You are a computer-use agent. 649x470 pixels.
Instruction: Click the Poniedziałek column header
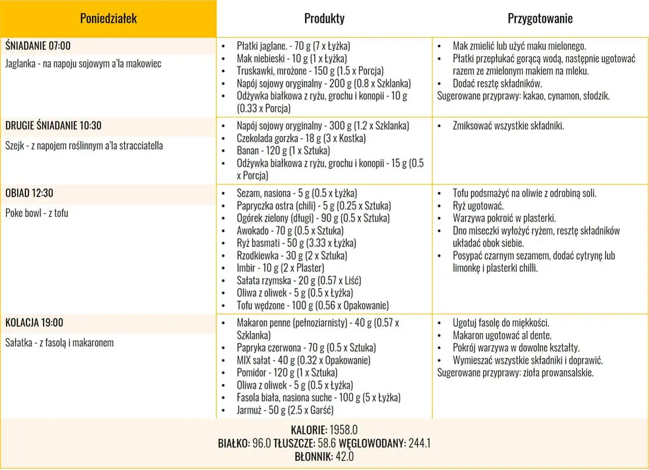(x=108, y=19)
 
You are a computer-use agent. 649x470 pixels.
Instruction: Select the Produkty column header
(x=324, y=19)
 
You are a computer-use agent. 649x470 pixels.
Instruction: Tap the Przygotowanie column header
(x=540, y=19)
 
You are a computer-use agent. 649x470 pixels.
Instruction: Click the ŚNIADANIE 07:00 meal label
(x=38, y=46)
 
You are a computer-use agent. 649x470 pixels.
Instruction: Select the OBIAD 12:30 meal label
(x=29, y=193)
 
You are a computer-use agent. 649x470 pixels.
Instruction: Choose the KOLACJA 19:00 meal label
(x=34, y=322)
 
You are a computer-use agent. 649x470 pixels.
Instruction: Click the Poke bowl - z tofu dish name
(x=37, y=213)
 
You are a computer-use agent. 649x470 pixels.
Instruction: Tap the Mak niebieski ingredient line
(x=292, y=58)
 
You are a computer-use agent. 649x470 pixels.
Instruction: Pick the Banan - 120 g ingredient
(x=283, y=151)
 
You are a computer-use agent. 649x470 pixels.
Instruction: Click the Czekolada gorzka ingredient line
(x=301, y=138)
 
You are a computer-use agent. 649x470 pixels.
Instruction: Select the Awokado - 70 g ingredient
(x=290, y=231)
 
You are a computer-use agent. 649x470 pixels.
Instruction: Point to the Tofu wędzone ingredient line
(x=312, y=306)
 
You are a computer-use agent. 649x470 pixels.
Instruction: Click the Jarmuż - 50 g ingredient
(x=284, y=410)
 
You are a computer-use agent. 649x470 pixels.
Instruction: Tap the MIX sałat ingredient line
(x=303, y=360)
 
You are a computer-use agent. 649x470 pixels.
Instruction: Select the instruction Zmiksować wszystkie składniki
(x=508, y=126)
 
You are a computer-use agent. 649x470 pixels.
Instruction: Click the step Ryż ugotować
(x=478, y=206)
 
